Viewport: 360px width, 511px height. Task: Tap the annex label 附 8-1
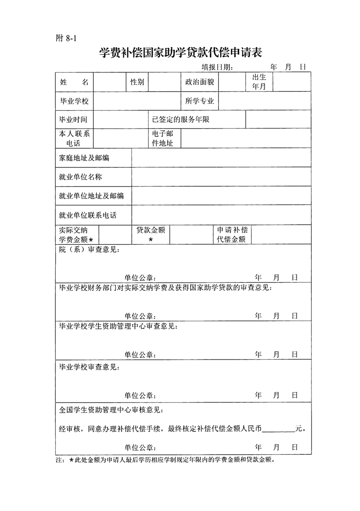[x=64, y=38]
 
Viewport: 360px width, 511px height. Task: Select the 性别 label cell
[x=137, y=82]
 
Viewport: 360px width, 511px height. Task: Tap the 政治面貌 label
[x=199, y=82]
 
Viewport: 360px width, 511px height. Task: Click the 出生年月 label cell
[x=259, y=82]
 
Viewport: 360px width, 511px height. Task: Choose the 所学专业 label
[x=200, y=101]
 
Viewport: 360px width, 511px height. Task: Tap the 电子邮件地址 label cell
[x=162, y=139]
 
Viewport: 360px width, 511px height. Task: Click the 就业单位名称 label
[x=81, y=177]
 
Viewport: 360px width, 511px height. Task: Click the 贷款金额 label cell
[x=150, y=234]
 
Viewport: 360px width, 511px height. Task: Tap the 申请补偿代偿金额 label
[x=232, y=234]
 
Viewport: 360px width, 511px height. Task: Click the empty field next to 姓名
[x=108, y=82]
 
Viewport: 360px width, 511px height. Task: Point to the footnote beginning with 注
[x=165, y=460]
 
